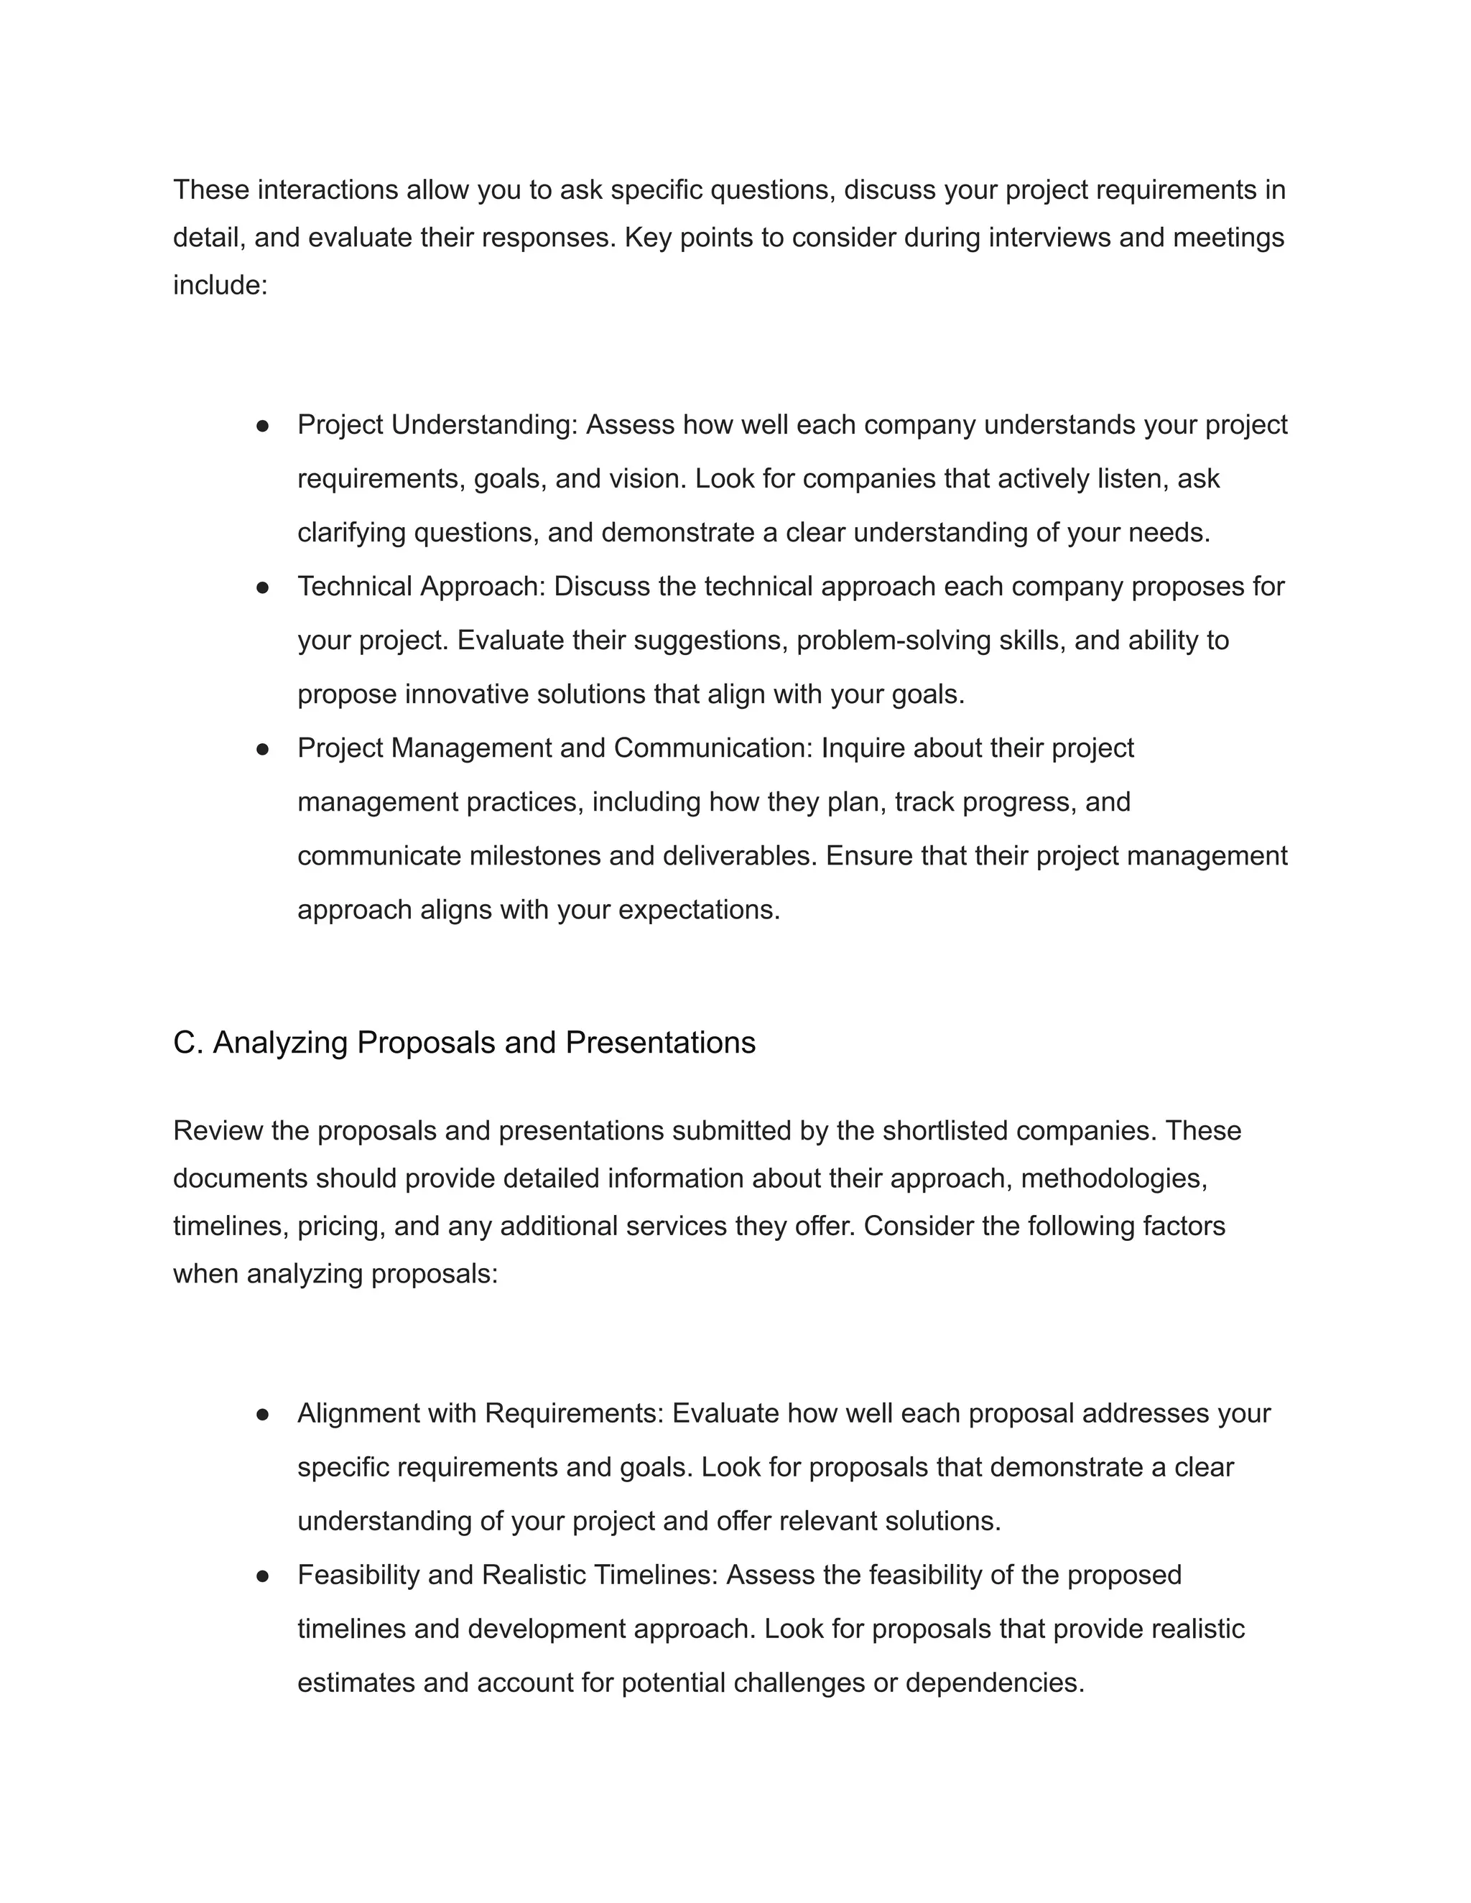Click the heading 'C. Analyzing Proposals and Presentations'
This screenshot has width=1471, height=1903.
463,1042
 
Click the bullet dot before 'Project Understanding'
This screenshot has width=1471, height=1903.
262,426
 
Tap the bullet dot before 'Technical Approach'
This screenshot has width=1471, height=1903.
262,588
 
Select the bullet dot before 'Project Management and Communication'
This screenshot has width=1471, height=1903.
262,749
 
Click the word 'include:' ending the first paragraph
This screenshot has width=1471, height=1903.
220,285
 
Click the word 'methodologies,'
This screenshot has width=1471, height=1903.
1114,1178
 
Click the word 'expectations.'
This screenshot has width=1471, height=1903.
699,910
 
